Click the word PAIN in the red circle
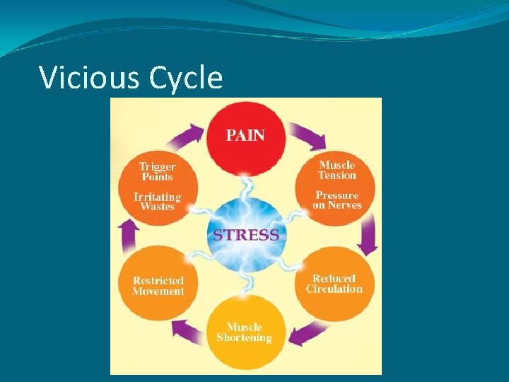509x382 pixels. coord(245,134)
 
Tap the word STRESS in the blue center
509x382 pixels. coord(245,234)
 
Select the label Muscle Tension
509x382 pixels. coord(337,170)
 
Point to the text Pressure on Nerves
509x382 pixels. coord(337,200)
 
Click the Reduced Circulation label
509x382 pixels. coord(334,284)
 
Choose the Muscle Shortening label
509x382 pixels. coord(244,332)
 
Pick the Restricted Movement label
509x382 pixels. coord(158,286)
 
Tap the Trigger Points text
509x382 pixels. coord(158,172)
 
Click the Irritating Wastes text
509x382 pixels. coord(158,202)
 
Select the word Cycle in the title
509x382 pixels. coord(186,77)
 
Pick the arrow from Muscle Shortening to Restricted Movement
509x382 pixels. coord(186,330)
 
